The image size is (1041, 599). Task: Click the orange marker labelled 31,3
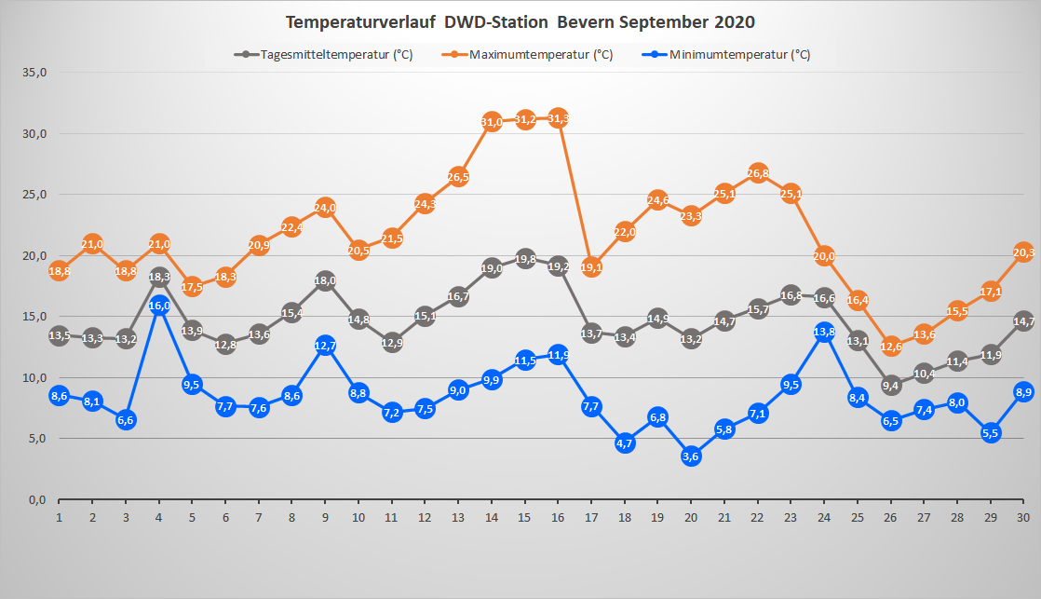coord(559,118)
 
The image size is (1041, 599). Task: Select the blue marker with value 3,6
coord(692,456)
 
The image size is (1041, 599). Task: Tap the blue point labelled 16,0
coord(159,306)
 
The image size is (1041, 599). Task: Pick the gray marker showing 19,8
coord(525,259)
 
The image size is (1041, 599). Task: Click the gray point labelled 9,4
coord(891,386)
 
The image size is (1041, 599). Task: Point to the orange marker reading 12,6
coord(891,347)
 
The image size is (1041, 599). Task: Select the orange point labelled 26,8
coord(758,173)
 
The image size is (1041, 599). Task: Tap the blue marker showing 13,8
coord(824,333)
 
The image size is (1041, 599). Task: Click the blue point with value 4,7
coord(625,443)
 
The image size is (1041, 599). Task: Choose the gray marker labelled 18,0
coord(325,281)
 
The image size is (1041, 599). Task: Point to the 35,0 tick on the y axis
coord(33,73)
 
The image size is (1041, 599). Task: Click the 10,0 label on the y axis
coord(33,378)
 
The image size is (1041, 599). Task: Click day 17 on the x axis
coord(591,517)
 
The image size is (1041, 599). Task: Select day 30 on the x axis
coord(1023,517)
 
